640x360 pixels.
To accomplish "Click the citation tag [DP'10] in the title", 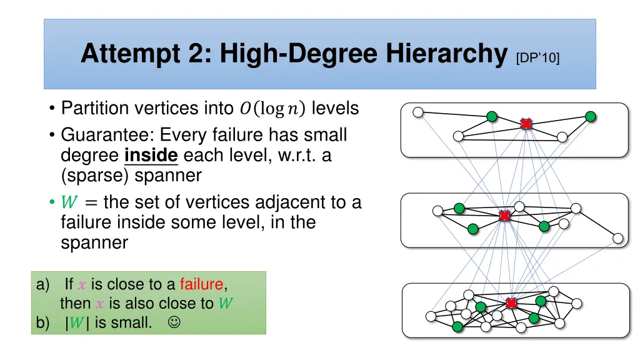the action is pyautogui.click(x=538, y=58).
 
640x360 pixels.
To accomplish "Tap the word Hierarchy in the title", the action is pyautogui.click(x=446, y=54).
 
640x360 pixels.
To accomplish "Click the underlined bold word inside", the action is pyautogui.click(x=151, y=155).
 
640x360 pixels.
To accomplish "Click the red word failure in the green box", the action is pyautogui.click(x=201, y=284).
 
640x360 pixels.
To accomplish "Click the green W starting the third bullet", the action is pyautogui.click(x=69, y=203).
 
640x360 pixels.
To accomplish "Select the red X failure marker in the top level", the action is pyautogui.click(x=526, y=124).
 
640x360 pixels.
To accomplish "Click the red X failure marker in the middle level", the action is pyautogui.click(x=504, y=216).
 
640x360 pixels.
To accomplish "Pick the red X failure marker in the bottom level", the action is pyautogui.click(x=511, y=303).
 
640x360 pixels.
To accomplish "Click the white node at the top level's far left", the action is pyautogui.click(x=418, y=112).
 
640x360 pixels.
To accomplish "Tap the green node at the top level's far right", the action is pyautogui.click(x=590, y=116).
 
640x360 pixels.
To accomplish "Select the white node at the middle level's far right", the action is pyautogui.click(x=617, y=238).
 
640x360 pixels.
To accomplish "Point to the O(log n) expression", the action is pyautogui.click(x=272, y=109).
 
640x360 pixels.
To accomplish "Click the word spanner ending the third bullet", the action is pyautogui.click(x=94, y=242).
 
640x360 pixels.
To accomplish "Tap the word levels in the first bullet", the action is pyautogui.click(x=335, y=109).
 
